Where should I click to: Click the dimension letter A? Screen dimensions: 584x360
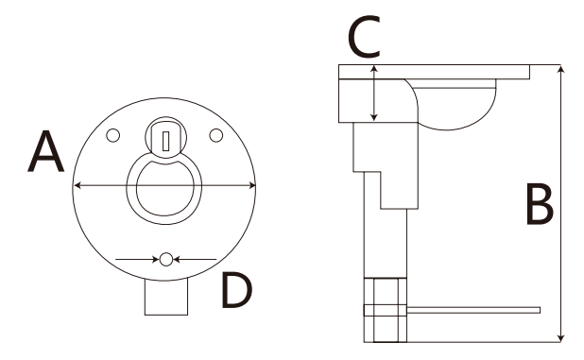(x=46, y=152)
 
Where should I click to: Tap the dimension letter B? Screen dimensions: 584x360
(x=540, y=204)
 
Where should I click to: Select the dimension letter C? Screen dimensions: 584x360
(x=364, y=37)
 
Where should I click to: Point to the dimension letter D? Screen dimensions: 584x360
(x=237, y=290)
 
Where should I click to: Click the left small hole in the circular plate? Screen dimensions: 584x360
(x=112, y=135)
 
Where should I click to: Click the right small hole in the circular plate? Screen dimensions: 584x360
(x=216, y=135)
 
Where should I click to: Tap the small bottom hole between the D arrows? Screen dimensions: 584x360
(x=166, y=259)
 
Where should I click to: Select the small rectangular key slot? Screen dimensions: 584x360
(x=166, y=141)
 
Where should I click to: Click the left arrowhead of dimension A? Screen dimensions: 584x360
(x=77, y=185)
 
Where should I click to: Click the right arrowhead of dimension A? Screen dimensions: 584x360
(x=251, y=185)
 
